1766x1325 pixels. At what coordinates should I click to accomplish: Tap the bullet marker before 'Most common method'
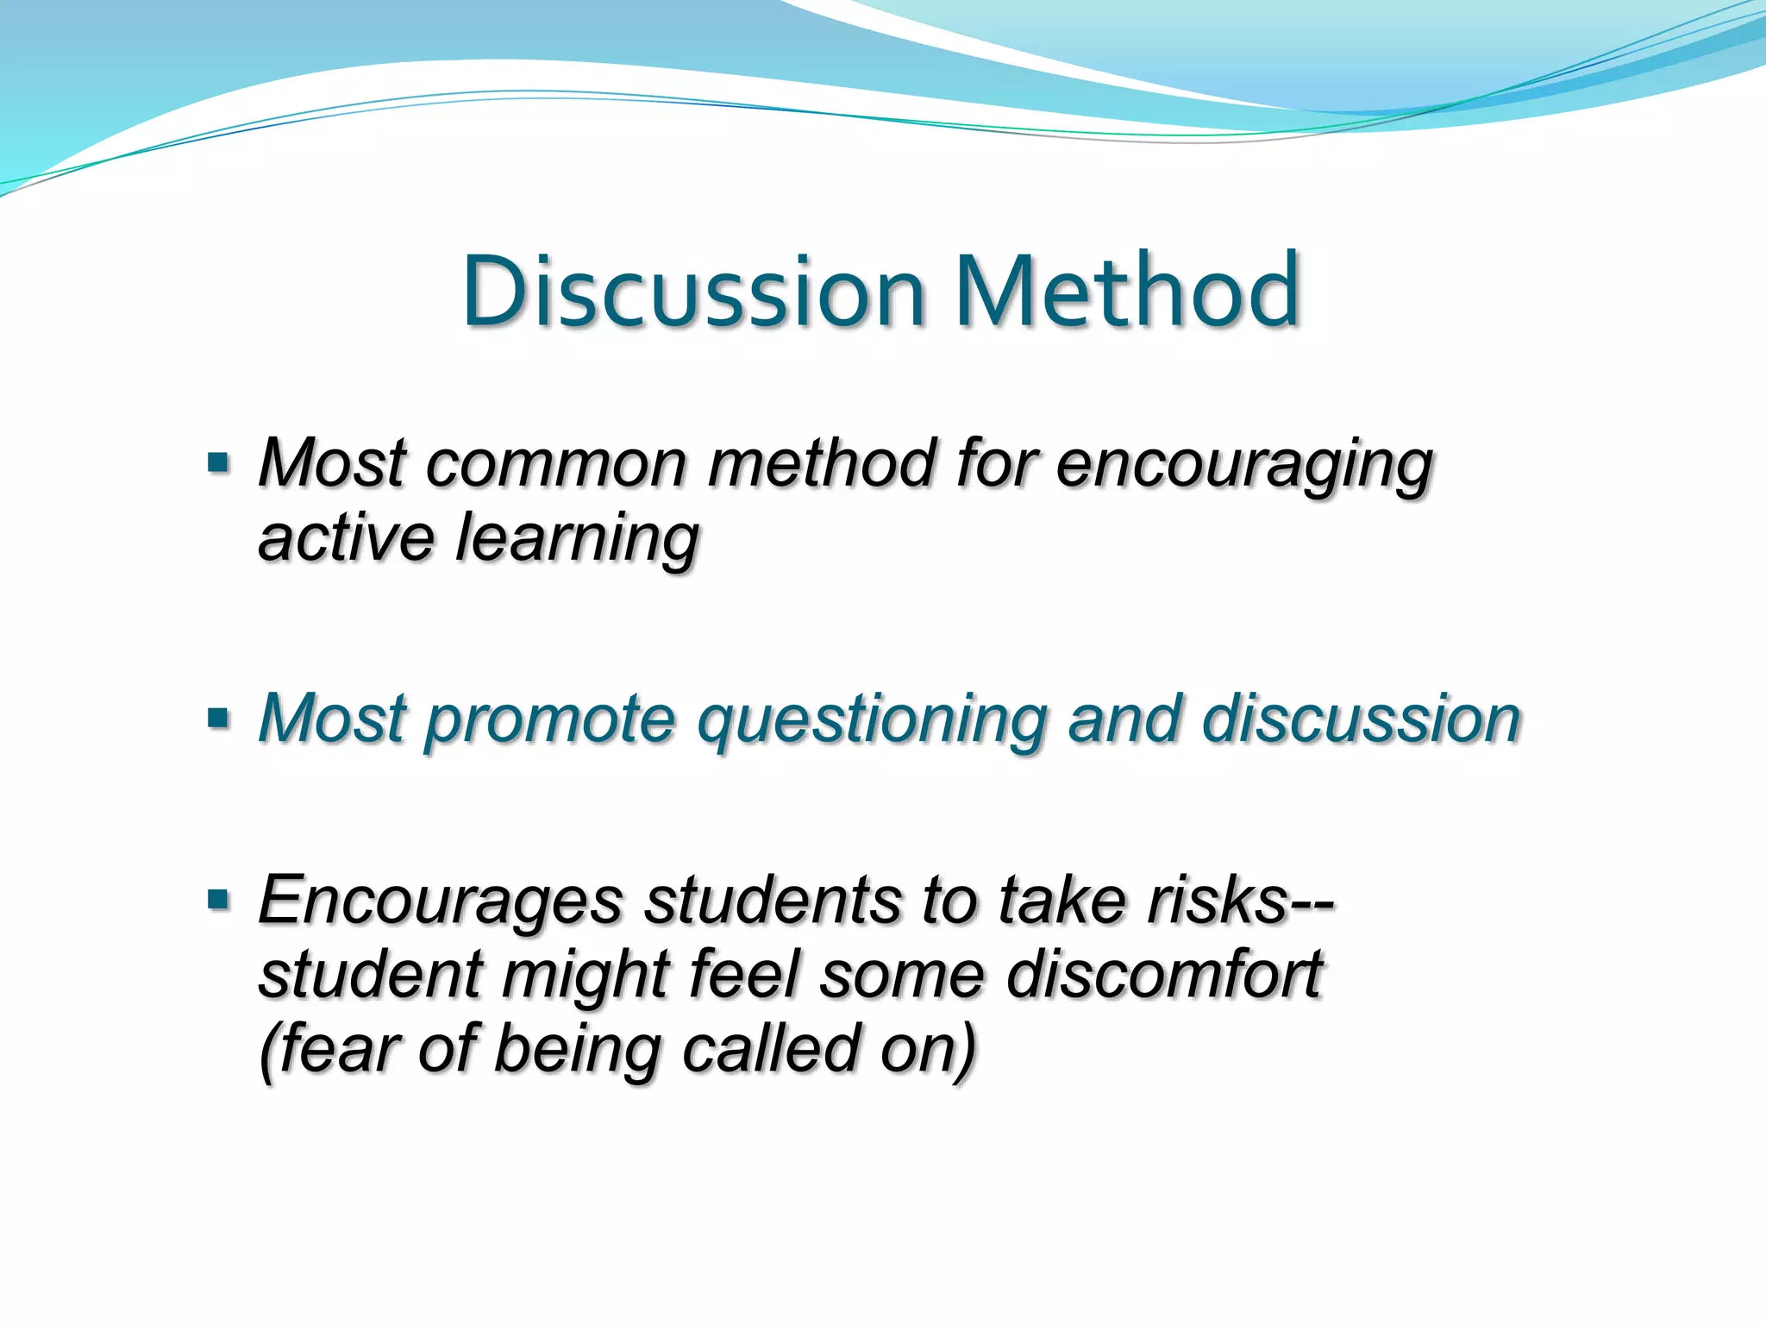pyautogui.click(x=219, y=463)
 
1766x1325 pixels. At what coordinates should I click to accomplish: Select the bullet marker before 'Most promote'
pyautogui.click(x=219, y=718)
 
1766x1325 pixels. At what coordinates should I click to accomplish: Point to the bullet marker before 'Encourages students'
pyautogui.click(x=219, y=900)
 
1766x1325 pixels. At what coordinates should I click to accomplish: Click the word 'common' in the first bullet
pyautogui.click(x=555, y=463)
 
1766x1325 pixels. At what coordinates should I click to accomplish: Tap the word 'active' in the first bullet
pyautogui.click(x=346, y=537)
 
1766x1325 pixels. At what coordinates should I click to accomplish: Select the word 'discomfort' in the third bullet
pyautogui.click(x=1163, y=975)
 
